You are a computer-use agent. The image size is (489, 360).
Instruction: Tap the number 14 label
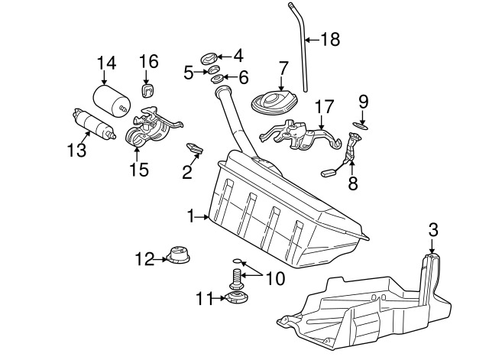point(107,63)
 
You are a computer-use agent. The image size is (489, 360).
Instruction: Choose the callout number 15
point(138,168)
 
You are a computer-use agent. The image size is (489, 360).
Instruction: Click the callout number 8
point(352,185)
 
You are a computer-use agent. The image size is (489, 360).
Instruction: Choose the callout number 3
point(432,229)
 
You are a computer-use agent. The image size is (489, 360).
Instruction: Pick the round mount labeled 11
point(237,297)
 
